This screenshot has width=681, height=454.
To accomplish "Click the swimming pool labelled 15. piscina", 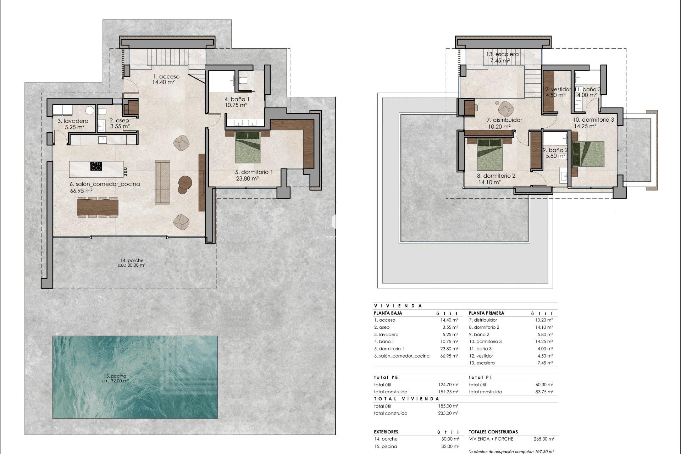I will point(135,377).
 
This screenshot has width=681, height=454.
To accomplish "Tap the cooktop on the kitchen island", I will point(96,166).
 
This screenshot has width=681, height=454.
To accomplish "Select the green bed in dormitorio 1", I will point(248,147).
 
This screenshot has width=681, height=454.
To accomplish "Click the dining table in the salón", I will point(98,207).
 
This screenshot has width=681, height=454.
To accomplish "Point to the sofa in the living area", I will point(162,182).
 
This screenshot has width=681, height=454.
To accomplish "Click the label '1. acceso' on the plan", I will point(166,77).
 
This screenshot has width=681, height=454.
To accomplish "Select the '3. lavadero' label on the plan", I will point(73,121).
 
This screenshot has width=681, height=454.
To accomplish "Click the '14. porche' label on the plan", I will point(132,261).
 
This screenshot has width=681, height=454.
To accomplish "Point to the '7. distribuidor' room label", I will point(504,120).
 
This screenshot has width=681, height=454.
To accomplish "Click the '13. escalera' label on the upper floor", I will point(502,54).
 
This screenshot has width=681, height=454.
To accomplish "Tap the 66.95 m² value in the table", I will point(449,356).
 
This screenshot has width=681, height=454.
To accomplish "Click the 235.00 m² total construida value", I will point(448,413).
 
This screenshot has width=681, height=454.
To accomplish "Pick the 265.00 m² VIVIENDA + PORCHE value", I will point(544,439).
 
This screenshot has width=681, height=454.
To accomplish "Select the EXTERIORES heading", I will point(386,432).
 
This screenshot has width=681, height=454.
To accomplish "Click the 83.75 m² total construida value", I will point(544,392).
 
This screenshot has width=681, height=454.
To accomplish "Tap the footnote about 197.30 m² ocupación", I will point(511,452).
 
